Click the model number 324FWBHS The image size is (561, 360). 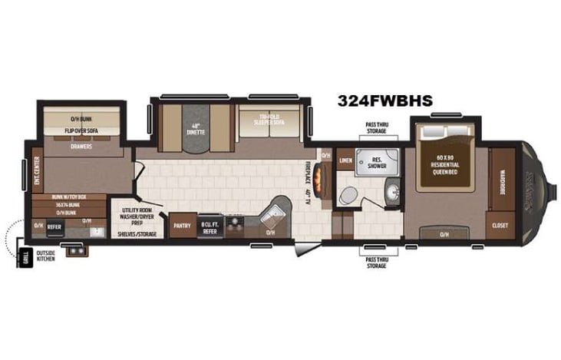tap(384, 101)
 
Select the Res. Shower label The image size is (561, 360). tap(377, 163)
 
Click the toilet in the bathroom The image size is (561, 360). tap(348, 196)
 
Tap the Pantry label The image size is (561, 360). tap(182, 226)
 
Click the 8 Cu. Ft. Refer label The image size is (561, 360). tap(210, 226)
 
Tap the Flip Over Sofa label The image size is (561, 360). tap(81, 130)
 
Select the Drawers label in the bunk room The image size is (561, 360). tap(81, 146)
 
